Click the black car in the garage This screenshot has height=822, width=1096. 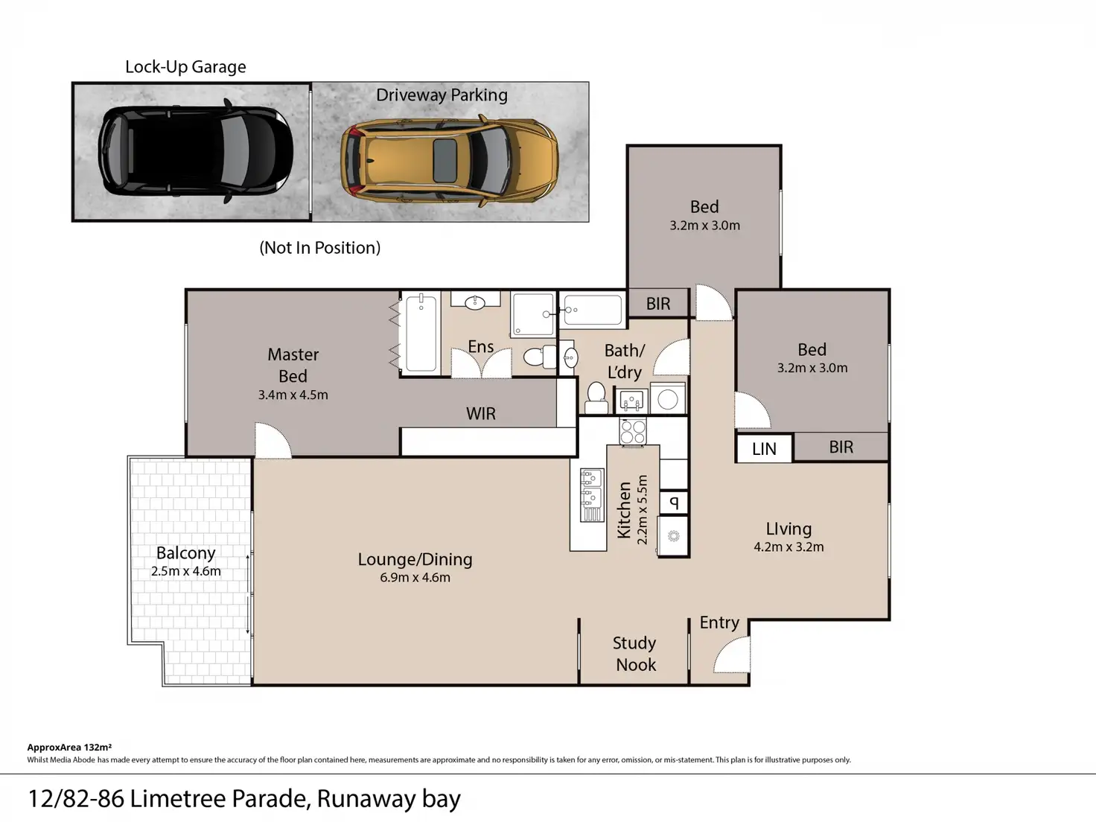click(195, 150)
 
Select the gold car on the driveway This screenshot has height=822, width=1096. click(450, 161)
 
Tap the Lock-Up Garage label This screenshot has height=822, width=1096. click(185, 67)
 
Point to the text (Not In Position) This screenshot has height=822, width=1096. click(319, 247)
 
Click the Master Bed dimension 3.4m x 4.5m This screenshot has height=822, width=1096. click(293, 395)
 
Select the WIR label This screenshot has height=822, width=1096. click(481, 414)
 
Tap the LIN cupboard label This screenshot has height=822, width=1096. click(764, 449)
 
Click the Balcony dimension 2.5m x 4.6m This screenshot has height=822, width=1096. click(185, 571)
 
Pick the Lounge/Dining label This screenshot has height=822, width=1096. click(415, 559)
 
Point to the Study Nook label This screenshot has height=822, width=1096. click(634, 654)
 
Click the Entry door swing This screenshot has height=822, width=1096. click(732, 654)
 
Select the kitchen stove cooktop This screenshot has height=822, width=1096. click(633, 432)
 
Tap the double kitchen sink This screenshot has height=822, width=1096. click(592, 495)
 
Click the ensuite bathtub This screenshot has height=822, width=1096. click(421, 333)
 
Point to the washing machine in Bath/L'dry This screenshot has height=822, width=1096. click(668, 399)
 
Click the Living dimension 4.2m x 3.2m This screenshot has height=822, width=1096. click(788, 547)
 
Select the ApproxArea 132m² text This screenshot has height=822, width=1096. click(69, 747)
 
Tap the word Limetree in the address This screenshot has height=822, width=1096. click(178, 799)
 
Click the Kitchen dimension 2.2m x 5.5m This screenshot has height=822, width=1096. click(643, 509)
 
